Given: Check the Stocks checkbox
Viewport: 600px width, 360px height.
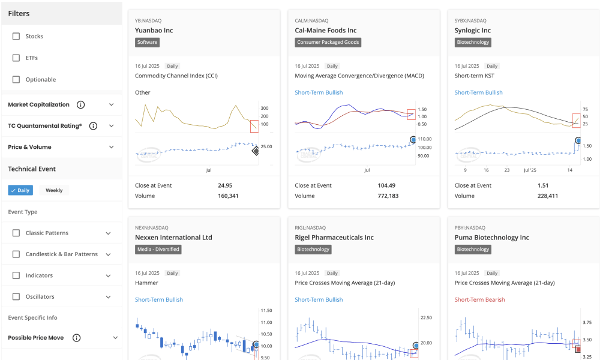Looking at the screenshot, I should point(16,37).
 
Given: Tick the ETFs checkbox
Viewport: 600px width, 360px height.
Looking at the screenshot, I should point(16,58).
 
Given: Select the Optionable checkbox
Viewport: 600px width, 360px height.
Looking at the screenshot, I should point(16,80).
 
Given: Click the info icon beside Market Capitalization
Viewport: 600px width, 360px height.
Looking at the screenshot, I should point(81,105).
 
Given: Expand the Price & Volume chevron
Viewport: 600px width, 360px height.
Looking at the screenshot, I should point(111,147).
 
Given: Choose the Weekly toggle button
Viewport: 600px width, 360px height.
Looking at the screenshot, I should point(54,190).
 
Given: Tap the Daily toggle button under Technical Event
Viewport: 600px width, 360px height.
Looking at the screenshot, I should point(20,190).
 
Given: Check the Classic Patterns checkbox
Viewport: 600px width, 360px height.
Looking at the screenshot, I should point(16,233).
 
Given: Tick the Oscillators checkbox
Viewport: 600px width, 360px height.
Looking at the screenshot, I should point(16,297).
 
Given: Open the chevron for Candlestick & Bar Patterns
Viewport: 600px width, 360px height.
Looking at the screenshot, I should point(108,254).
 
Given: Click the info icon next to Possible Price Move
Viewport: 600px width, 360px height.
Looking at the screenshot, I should point(77,338).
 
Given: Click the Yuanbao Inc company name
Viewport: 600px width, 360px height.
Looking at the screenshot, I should point(154,31).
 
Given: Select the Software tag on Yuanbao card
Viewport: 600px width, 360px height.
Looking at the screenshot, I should point(147,43).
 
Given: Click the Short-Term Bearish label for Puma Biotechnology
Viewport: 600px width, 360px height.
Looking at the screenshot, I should point(479,299).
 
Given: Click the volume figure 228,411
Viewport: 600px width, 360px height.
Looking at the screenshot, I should point(548,196).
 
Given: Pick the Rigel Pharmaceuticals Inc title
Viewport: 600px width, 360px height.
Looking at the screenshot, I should point(334,238).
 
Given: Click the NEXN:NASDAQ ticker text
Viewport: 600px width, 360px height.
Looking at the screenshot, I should point(152,228).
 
